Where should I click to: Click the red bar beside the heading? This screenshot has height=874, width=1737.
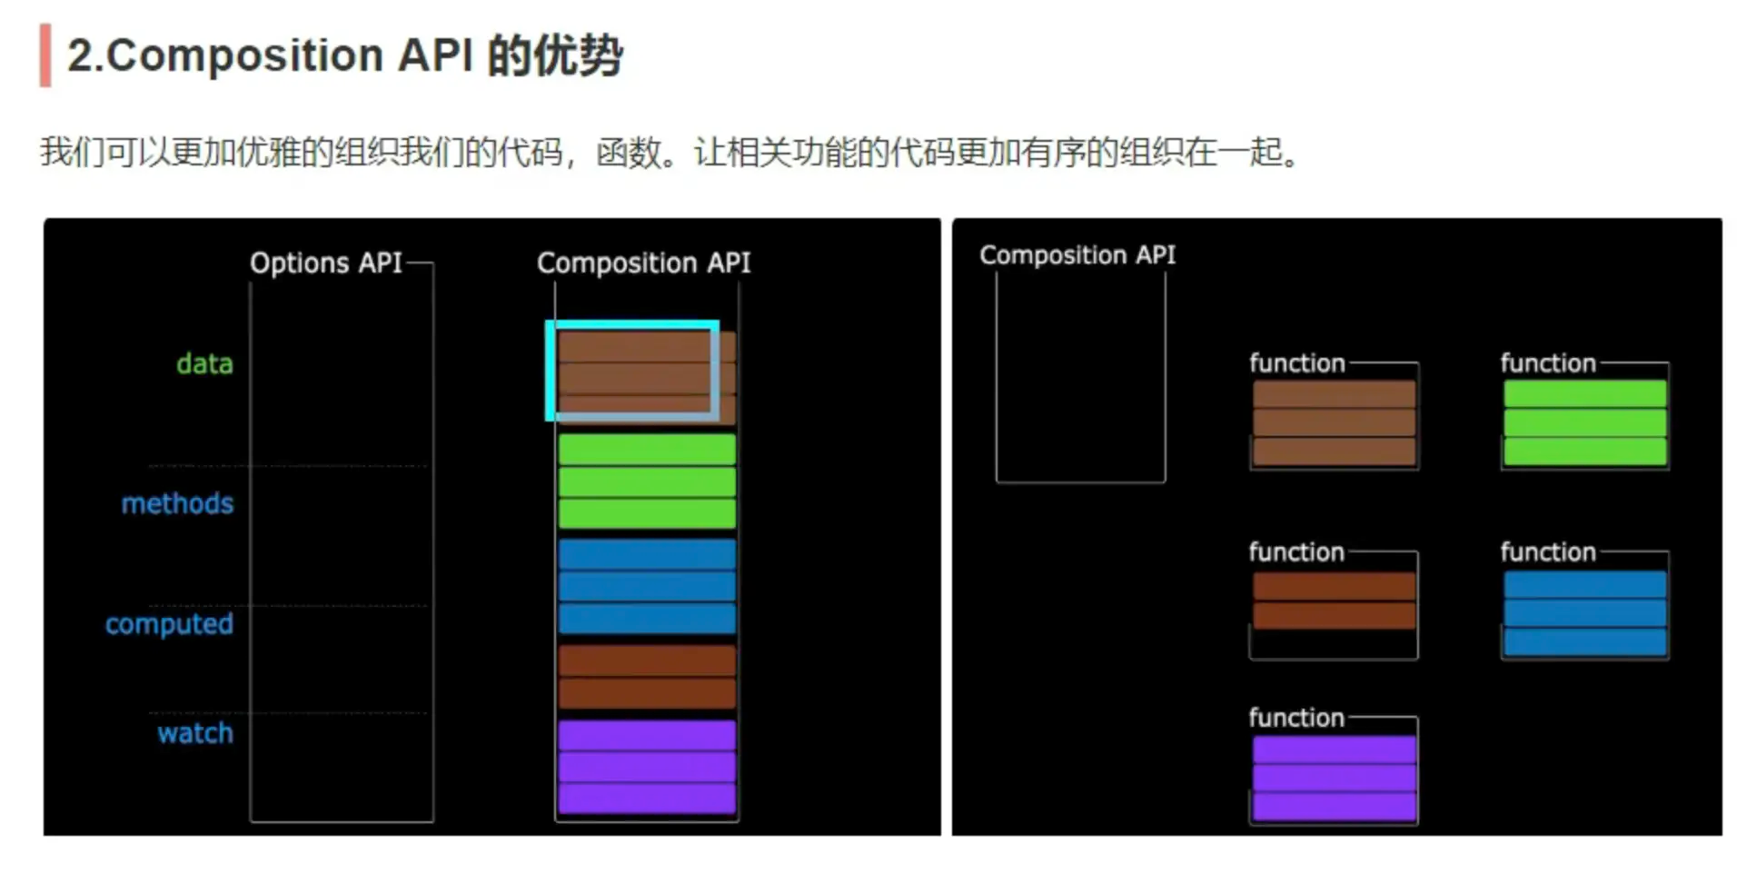45,55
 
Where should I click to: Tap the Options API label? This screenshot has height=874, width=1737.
325,263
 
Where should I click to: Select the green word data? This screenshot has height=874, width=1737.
204,363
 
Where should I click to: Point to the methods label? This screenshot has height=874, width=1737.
177,503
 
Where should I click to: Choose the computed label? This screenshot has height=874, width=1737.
169,624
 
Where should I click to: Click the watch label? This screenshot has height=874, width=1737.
194,733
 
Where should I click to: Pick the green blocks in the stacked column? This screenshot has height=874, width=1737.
646,482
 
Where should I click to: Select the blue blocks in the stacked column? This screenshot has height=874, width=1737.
646,587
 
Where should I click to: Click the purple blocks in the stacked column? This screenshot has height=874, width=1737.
646,767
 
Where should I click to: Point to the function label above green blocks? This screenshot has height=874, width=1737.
1547,363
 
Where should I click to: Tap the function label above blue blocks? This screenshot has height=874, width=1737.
1547,552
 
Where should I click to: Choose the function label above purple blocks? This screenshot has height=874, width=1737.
1295,718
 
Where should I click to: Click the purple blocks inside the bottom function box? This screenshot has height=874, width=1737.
1334,779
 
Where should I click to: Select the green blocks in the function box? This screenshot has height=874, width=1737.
1584,423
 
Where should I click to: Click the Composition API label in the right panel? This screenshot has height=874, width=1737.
1077,255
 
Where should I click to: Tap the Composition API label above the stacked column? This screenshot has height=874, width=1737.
643,263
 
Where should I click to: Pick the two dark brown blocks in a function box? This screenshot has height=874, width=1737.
1334,601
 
